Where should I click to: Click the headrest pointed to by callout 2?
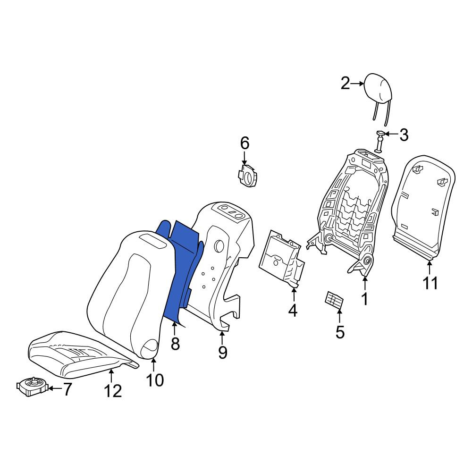[x=378, y=90]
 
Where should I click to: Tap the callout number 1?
[x=364, y=299]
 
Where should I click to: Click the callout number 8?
[x=175, y=343]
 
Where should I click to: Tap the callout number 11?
[x=430, y=283]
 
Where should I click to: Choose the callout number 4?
[x=293, y=311]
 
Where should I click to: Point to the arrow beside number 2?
[x=358, y=84]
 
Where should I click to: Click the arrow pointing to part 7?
[x=54, y=388]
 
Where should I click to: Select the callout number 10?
[x=155, y=380]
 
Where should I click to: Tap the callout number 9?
[x=222, y=352]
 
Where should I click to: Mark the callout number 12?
[x=113, y=391]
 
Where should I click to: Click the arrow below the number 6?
[x=244, y=158]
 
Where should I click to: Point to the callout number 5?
[x=340, y=332]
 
